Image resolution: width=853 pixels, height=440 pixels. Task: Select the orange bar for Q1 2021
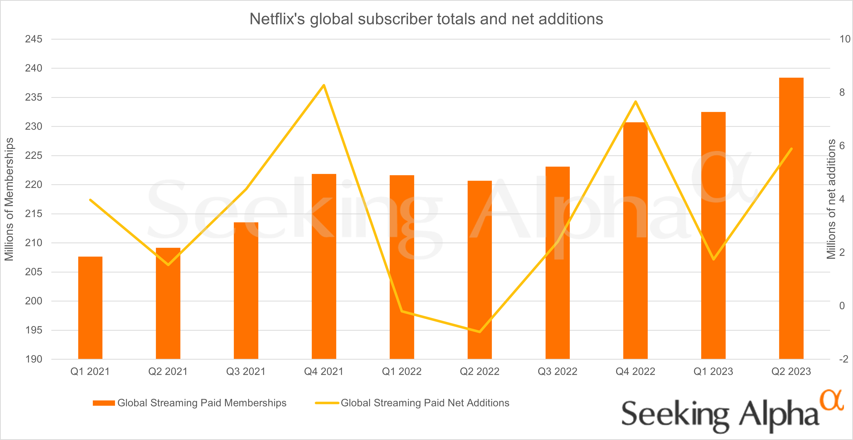pyautogui.click(x=90, y=308)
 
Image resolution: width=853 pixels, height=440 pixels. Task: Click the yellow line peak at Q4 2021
pyautogui.click(x=324, y=85)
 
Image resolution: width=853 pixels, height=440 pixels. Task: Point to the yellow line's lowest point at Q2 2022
pyautogui.click(x=479, y=331)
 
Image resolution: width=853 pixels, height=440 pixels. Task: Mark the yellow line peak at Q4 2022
pyautogui.click(x=635, y=102)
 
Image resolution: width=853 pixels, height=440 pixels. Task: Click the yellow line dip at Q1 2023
pyautogui.click(x=713, y=259)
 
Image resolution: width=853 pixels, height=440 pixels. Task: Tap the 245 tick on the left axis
pyautogui.click(x=34, y=39)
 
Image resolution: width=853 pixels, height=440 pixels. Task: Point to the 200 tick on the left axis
pyautogui.click(x=34, y=301)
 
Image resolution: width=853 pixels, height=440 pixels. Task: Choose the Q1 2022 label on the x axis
pyautogui.click(x=402, y=371)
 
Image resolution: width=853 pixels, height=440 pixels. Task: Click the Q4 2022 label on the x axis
pyautogui.click(x=635, y=371)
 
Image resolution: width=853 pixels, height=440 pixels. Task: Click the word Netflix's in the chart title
pyautogui.click(x=277, y=19)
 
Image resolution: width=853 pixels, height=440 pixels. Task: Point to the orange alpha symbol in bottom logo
pyautogui.click(x=831, y=400)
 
